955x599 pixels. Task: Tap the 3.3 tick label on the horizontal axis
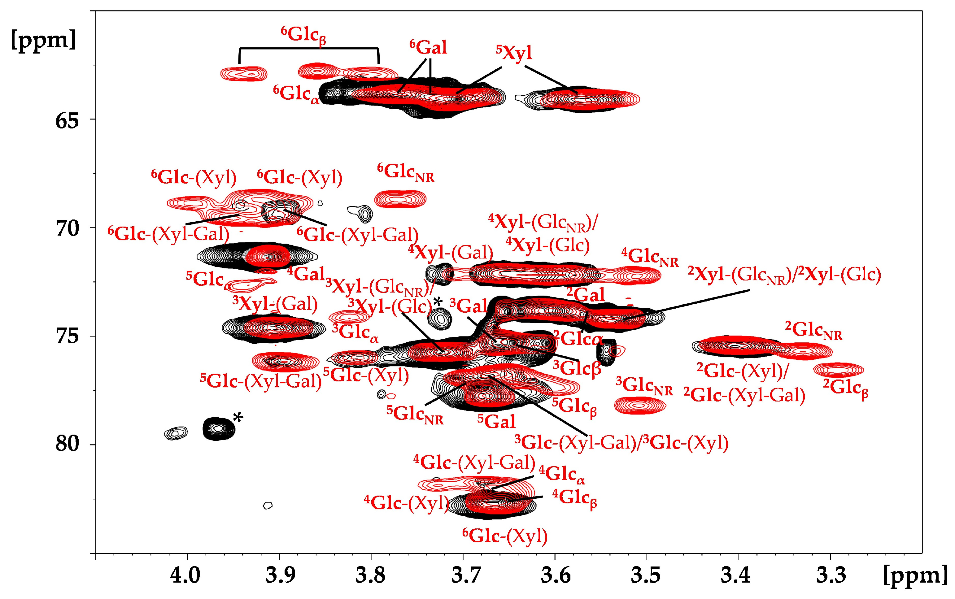pyautogui.click(x=831, y=575)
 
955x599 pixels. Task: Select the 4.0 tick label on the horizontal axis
pyautogui.click(x=185, y=575)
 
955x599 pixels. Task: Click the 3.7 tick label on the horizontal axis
pyautogui.click(x=462, y=575)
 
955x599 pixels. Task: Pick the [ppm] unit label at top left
pyautogui.click(x=43, y=40)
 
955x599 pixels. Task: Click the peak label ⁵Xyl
pyautogui.click(x=514, y=53)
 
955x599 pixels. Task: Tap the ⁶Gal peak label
pyautogui.click(x=428, y=48)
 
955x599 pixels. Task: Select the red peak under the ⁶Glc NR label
pyautogui.click(x=400, y=198)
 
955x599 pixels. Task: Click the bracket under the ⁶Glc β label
pyautogui.click(x=309, y=49)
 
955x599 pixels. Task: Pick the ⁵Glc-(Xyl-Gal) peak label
pyautogui.click(x=261, y=381)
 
